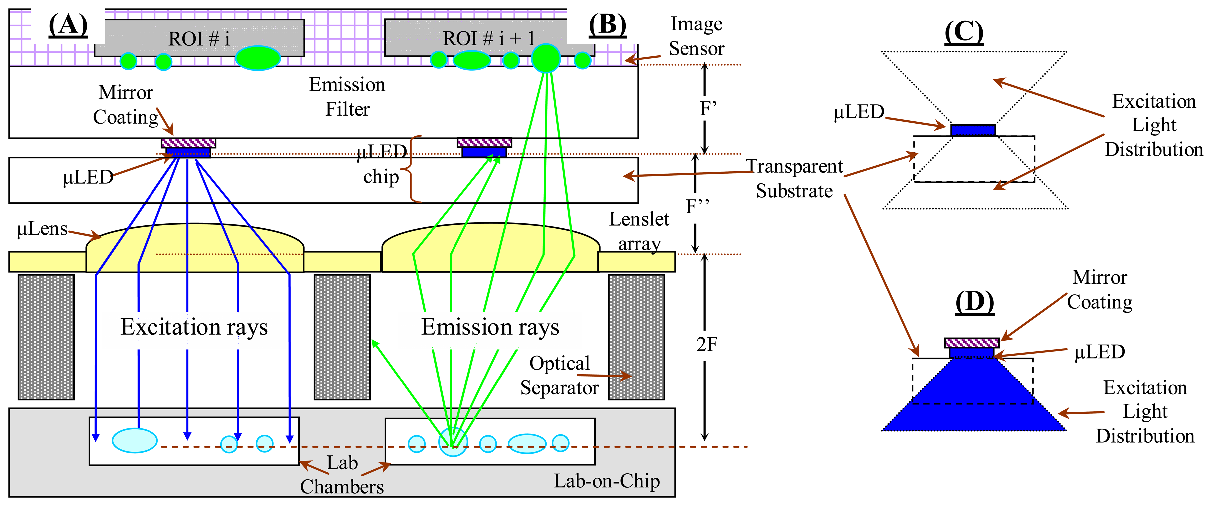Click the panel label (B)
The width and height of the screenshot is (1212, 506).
click(607, 24)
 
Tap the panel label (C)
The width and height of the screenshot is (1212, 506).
click(964, 32)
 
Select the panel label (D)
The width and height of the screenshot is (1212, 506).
click(974, 302)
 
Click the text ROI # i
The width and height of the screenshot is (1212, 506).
click(199, 39)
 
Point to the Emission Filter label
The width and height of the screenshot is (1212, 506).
click(347, 97)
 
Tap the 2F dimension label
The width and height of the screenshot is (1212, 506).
click(706, 345)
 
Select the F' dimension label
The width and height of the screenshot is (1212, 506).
click(708, 109)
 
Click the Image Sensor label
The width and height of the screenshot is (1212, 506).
click(696, 36)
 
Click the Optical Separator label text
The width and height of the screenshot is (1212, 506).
click(559, 375)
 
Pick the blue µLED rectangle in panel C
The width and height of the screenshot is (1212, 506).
click(973, 130)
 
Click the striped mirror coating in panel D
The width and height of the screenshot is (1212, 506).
click(972, 342)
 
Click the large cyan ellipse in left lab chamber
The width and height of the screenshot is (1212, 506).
click(135, 440)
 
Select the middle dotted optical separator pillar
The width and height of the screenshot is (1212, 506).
click(342, 337)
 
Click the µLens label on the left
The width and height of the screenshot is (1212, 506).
click(42, 229)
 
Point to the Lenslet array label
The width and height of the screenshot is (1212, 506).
click(639, 231)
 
